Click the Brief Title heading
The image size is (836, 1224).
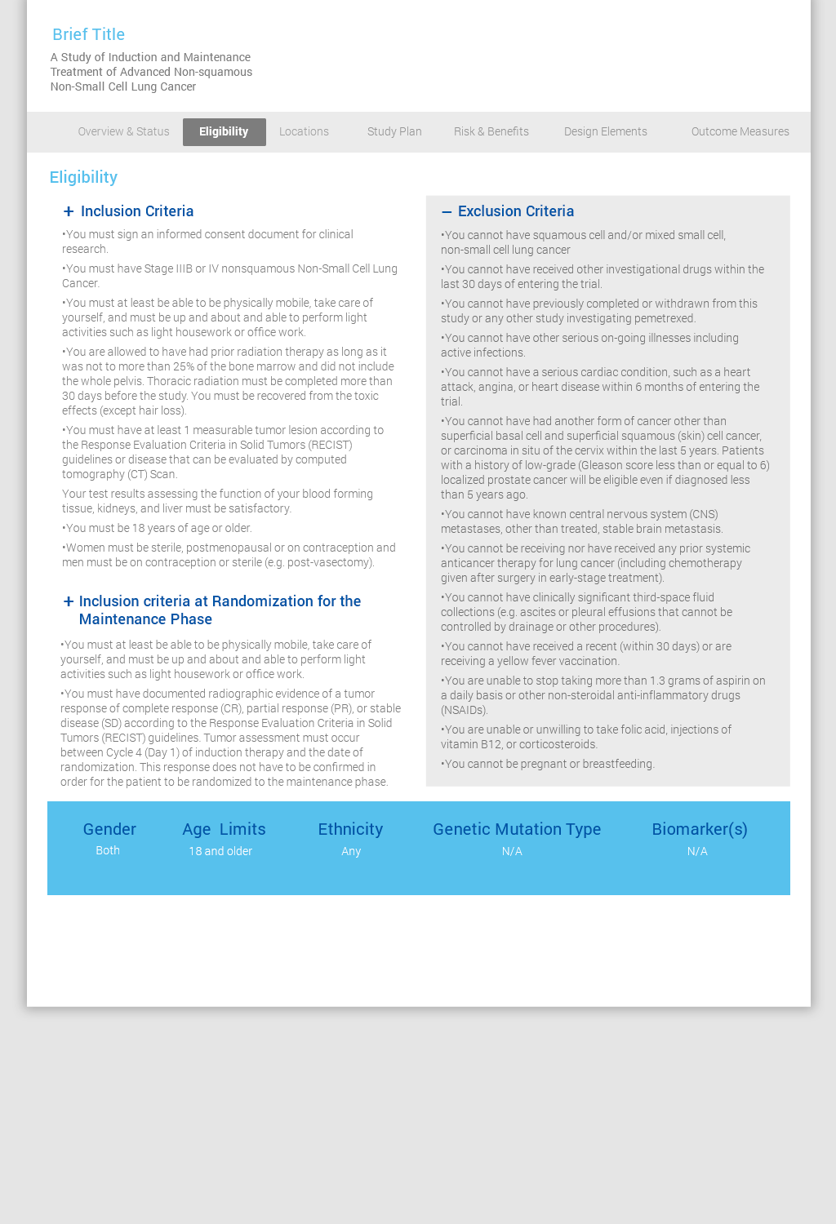(88, 34)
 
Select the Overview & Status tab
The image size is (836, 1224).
(123, 131)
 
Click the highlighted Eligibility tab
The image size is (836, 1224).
(224, 131)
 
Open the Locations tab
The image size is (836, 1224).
(304, 131)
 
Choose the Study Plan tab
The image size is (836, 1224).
(394, 131)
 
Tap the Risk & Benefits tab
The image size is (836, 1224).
(491, 131)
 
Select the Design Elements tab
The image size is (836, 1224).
(605, 131)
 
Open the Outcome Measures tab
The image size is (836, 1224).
(740, 131)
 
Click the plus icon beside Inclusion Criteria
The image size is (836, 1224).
(69, 211)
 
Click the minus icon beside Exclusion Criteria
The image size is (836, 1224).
(447, 212)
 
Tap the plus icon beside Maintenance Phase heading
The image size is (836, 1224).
(69, 601)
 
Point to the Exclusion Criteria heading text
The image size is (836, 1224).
(516, 211)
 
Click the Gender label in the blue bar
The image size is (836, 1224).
(109, 829)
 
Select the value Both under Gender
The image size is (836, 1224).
(108, 850)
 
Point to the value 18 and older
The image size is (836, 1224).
(220, 851)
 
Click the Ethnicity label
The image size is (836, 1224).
(350, 829)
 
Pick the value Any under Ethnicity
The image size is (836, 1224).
(351, 851)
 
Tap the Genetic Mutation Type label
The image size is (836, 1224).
(517, 829)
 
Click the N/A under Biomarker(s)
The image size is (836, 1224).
(697, 851)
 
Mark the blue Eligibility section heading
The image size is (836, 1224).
(83, 177)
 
